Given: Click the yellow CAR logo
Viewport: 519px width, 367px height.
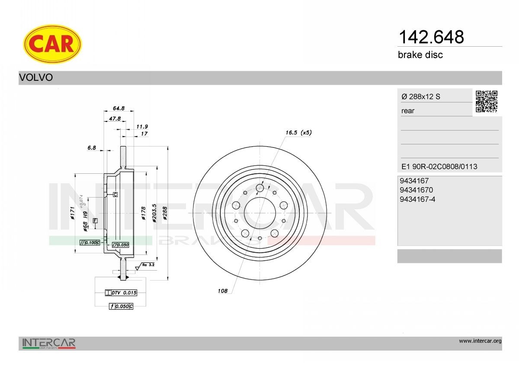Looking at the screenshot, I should (52, 44).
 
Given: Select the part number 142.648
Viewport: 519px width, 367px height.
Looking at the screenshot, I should (430, 37).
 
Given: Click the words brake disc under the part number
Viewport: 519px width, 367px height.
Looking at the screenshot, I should (420, 55).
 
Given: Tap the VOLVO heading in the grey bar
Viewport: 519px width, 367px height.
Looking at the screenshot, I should (36, 78).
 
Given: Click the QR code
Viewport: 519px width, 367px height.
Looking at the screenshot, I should (487, 102).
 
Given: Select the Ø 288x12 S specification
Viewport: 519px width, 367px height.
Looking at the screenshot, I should (421, 97).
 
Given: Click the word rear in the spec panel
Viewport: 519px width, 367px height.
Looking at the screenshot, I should (408, 111).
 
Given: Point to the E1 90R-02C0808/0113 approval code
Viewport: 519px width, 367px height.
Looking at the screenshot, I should (439, 166).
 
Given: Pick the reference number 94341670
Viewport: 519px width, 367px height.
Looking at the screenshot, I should (416, 190).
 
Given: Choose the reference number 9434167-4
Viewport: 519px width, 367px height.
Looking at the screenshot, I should (418, 199).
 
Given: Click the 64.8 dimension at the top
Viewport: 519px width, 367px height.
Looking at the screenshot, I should (119, 108).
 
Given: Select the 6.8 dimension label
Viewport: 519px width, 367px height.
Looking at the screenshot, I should (91, 148).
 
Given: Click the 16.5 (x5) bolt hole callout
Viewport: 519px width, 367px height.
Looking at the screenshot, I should (298, 133).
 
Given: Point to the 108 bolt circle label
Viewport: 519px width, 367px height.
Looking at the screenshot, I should (222, 291).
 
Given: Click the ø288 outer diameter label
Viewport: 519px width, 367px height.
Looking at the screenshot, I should (165, 213).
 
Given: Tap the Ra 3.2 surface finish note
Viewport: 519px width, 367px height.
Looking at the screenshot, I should (148, 264).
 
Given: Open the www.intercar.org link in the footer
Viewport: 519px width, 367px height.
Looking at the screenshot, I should (480, 341).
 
